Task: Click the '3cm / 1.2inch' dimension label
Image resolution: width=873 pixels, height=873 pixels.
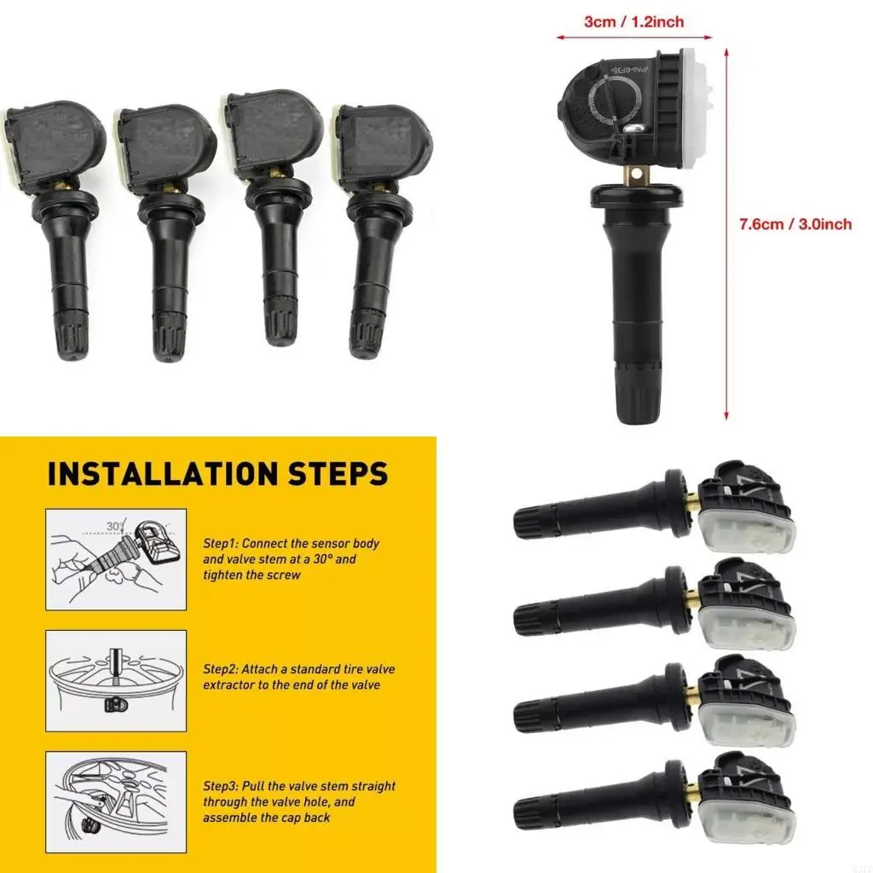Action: [x=633, y=21]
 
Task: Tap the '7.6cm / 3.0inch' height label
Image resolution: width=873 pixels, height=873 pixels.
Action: [x=795, y=224]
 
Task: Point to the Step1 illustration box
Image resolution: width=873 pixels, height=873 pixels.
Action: [x=116, y=559]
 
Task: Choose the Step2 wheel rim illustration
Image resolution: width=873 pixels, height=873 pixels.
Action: [x=116, y=680]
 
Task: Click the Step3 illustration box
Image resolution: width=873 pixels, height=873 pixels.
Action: [x=116, y=801]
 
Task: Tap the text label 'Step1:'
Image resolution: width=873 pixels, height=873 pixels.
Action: [x=223, y=543]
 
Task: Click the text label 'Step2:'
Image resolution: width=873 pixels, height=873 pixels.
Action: [x=223, y=669]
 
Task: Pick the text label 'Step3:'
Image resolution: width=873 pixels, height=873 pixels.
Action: [x=223, y=786]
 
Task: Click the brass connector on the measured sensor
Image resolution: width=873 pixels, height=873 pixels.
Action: [x=633, y=174]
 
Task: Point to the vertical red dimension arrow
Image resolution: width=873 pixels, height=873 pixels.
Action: [x=726, y=234]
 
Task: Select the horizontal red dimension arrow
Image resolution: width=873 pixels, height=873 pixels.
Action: [x=633, y=37]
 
